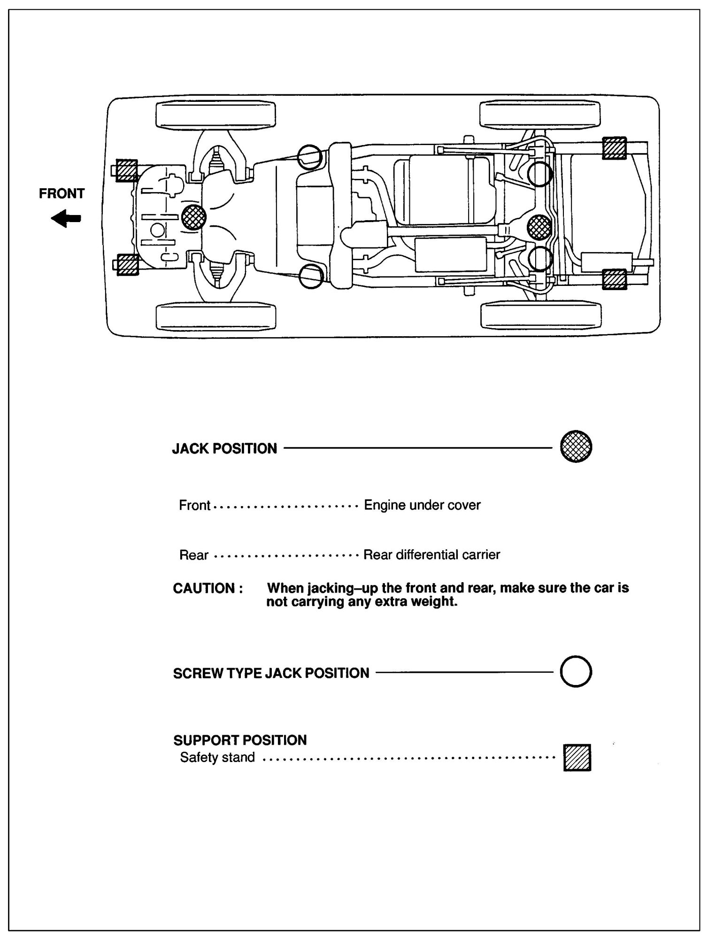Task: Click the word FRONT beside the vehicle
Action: coord(62,193)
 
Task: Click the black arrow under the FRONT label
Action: coord(66,219)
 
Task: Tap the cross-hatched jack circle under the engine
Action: coord(193,217)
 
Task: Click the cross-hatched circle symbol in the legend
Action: coord(576,447)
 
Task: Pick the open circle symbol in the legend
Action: coord(576,672)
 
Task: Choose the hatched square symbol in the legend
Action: coord(577,758)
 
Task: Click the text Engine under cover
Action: coord(422,505)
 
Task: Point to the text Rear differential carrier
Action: coord(431,554)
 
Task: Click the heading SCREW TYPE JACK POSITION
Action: coord(271,673)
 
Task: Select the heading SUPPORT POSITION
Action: coord(240,740)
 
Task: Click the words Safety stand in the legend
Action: coord(217,757)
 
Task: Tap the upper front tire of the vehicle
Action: coord(215,115)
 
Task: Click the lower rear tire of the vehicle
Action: coord(541,315)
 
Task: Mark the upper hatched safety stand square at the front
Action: coord(126,170)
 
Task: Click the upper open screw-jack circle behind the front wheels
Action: coord(310,155)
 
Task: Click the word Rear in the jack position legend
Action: coord(193,555)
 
